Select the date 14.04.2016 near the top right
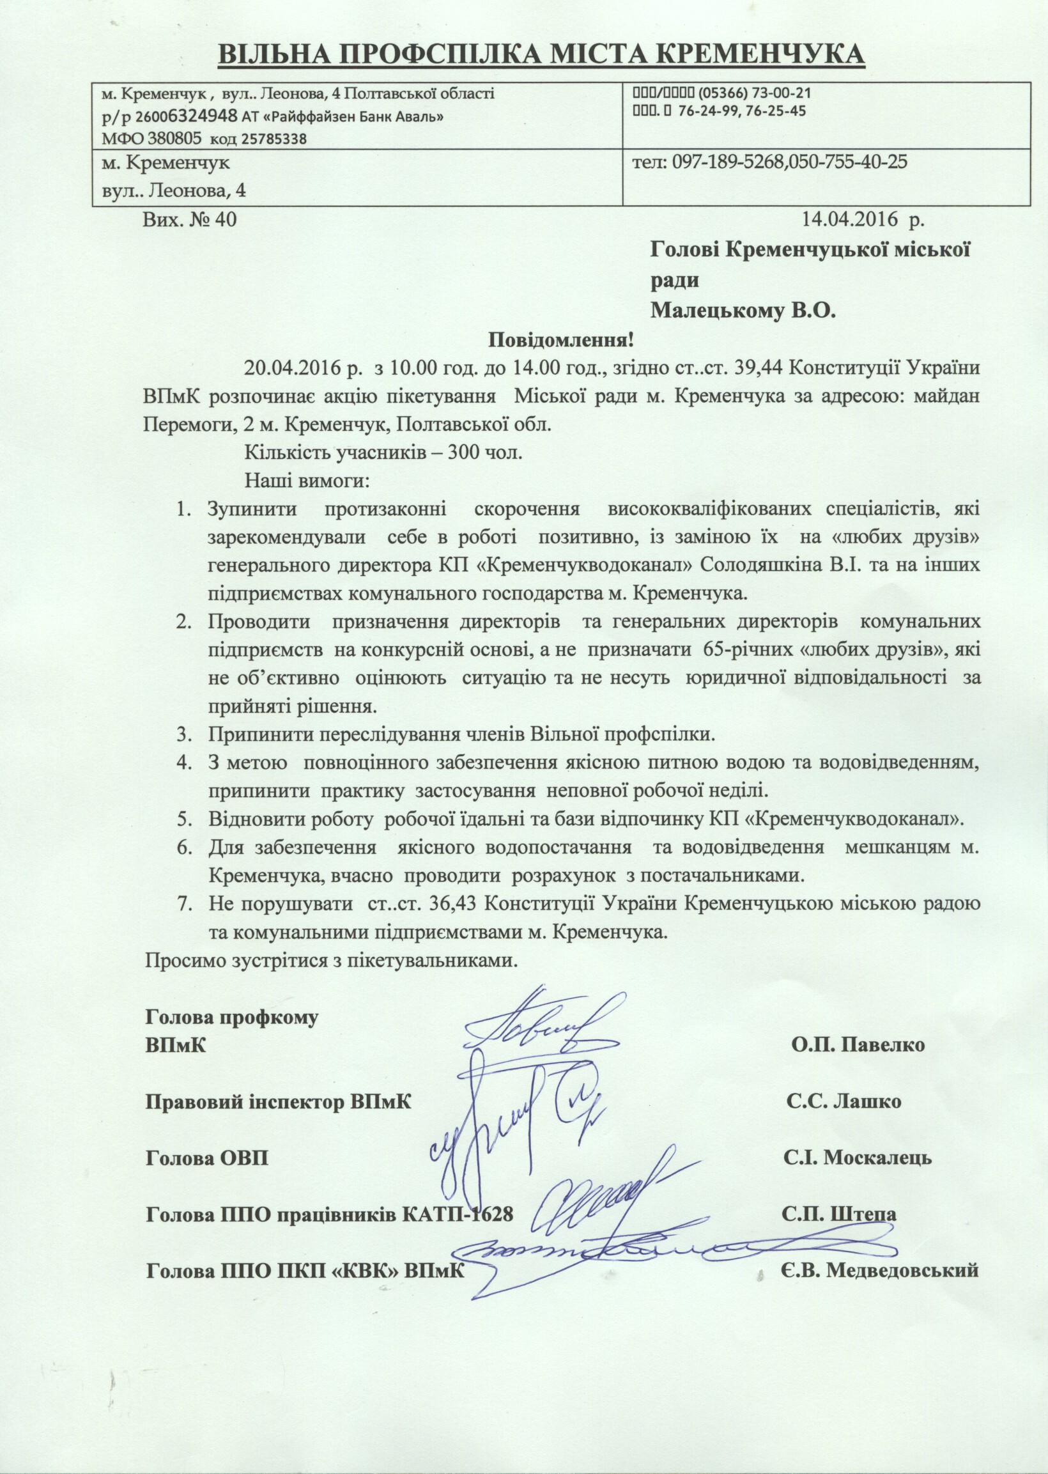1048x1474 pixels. [x=851, y=220]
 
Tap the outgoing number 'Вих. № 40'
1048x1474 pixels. [x=190, y=220]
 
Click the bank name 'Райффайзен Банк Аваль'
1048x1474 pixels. [x=350, y=117]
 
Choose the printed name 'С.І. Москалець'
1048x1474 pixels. [x=858, y=1157]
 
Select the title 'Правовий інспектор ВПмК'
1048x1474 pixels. [x=278, y=1101]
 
